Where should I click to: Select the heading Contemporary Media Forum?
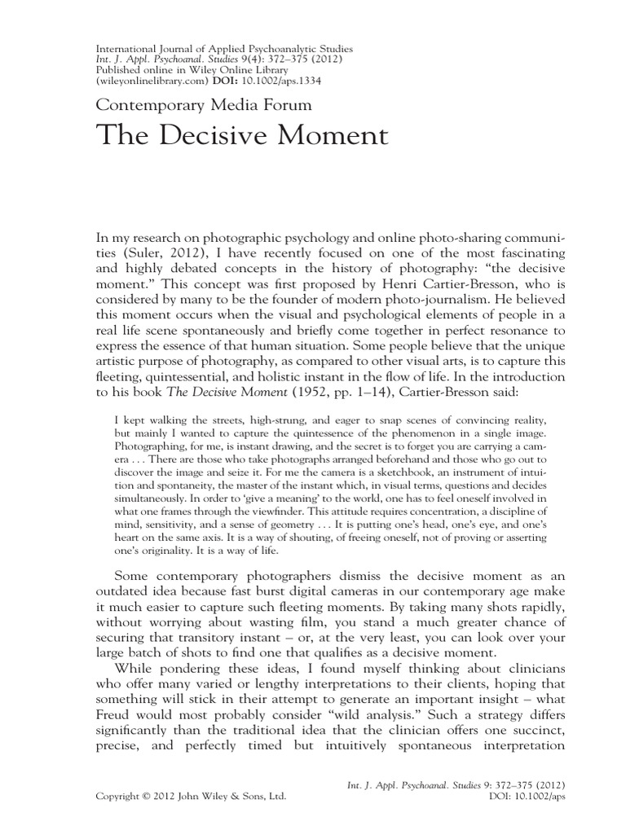point(204,104)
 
